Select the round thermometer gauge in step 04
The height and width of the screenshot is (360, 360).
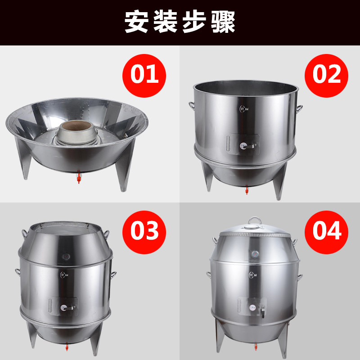point(256,254)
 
